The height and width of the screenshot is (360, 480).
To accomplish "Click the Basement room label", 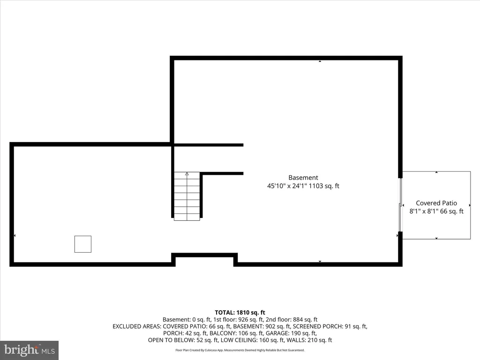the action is (303, 178).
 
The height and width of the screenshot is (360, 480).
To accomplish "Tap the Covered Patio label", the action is (436, 203).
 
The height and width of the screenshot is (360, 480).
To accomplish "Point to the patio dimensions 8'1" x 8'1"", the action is (424, 211).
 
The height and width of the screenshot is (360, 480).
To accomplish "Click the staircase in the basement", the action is (187, 196).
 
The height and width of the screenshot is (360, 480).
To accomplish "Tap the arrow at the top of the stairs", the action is (187, 174).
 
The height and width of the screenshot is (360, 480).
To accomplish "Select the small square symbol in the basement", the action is (83, 244).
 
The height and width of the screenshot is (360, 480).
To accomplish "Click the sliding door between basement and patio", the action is (400, 205).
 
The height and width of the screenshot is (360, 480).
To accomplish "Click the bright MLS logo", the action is (30, 350).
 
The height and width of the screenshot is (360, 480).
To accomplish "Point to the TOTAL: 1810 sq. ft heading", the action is (240, 313).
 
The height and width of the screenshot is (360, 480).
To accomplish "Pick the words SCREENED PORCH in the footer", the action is (318, 326).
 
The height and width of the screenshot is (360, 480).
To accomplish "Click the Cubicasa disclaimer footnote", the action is (240, 350).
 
